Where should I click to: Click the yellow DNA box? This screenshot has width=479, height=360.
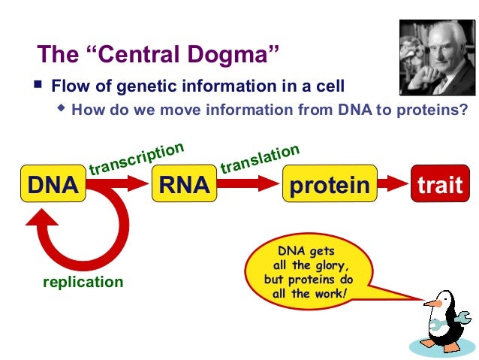pos(53,185)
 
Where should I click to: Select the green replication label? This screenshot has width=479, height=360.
pos(83,282)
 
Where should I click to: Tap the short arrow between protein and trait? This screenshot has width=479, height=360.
pos(391,184)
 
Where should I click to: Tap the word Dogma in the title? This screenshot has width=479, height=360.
pos(234,54)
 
